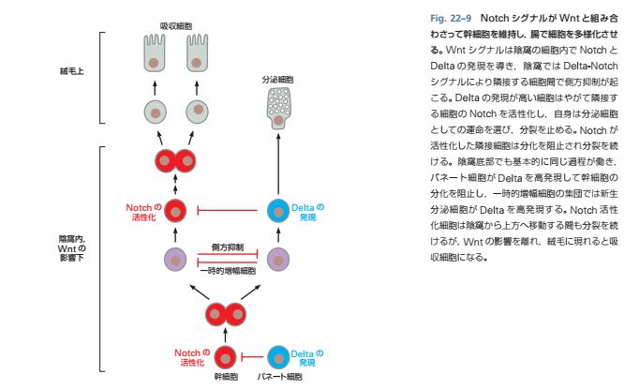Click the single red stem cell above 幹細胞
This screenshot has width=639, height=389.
click(x=225, y=357)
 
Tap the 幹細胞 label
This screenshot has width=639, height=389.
click(x=225, y=379)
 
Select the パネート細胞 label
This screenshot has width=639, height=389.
click(x=278, y=379)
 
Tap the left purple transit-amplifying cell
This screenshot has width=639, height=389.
click(x=174, y=258)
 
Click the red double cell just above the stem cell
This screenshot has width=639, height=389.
click(x=225, y=310)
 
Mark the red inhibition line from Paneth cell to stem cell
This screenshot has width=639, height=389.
click(x=251, y=357)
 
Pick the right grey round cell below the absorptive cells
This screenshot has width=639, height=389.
click(x=198, y=112)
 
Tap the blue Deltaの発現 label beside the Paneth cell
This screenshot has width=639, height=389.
click(x=308, y=357)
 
